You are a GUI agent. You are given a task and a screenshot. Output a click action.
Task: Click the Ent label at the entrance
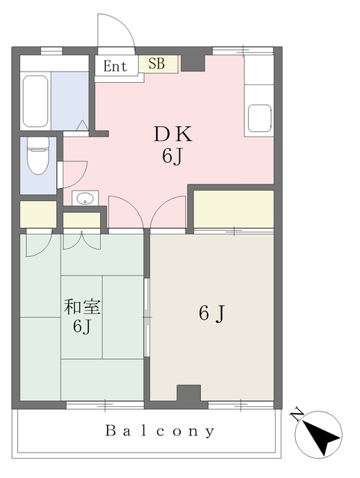click(x=115, y=66)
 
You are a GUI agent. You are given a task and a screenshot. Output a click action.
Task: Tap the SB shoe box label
click(x=157, y=63)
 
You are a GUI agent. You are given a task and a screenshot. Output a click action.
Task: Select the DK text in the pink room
click(x=173, y=134)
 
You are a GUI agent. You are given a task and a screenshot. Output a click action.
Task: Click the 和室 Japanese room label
click(x=82, y=307)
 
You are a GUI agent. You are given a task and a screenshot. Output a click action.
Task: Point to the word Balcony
click(x=160, y=431)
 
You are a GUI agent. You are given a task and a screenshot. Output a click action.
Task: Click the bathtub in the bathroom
click(x=36, y=102)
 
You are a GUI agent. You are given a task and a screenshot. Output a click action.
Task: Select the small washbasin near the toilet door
click(x=85, y=199)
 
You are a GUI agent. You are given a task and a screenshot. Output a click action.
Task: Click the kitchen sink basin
click(x=259, y=118)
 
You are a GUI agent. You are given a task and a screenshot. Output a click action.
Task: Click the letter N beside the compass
click(x=297, y=414)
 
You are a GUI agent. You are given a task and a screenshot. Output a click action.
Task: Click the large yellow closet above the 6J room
click(x=234, y=209)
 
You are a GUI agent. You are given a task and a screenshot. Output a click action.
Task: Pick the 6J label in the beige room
click(x=211, y=313)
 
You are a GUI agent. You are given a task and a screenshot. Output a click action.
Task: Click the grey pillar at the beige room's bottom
click(x=189, y=393)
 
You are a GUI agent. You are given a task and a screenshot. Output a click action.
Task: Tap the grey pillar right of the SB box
click(x=193, y=63)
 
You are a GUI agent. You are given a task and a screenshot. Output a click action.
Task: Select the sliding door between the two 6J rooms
click(x=146, y=317)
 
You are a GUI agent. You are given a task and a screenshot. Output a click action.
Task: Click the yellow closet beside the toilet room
click(x=38, y=214)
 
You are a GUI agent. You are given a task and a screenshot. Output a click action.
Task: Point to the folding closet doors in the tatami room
click(x=81, y=241)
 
